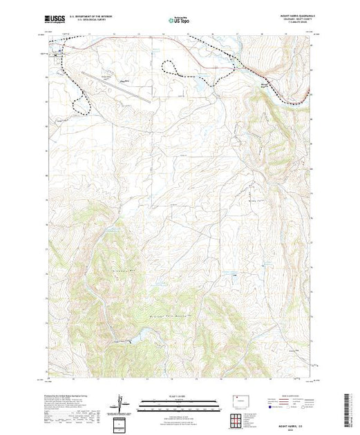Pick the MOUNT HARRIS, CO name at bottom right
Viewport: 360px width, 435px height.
point(289,414)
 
